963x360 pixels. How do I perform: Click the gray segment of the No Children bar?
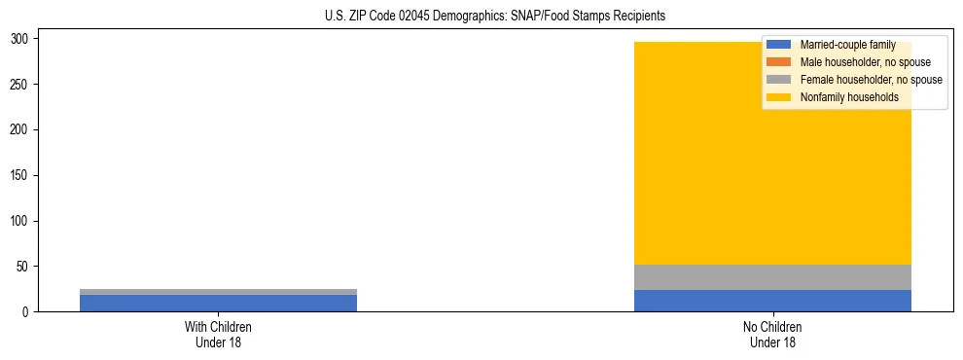(x=772, y=277)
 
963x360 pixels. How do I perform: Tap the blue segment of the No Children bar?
(x=772, y=301)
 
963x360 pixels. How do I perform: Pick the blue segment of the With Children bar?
(x=218, y=303)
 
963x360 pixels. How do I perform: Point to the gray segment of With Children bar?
(x=218, y=292)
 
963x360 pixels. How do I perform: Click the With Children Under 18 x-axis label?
(x=218, y=334)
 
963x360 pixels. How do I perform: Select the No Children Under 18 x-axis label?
(x=772, y=334)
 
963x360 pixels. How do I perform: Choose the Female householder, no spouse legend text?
(x=871, y=80)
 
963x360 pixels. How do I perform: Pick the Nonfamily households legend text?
(x=849, y=97)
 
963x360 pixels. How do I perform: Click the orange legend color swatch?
(x=778, y=62)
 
